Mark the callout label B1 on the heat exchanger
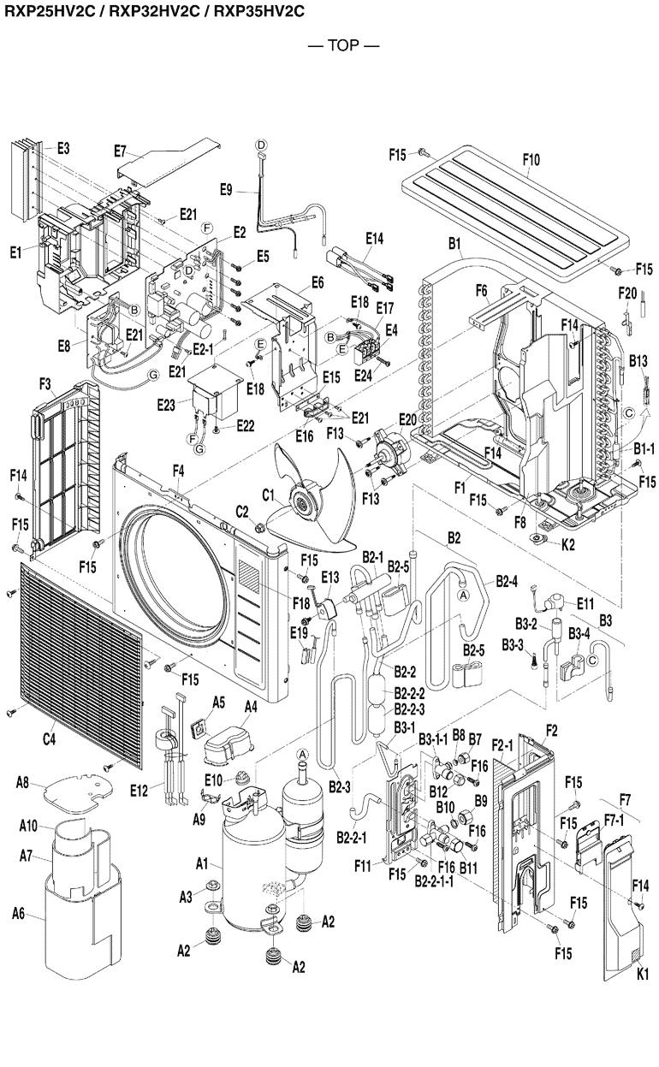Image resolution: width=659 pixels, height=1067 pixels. coord(454,244)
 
